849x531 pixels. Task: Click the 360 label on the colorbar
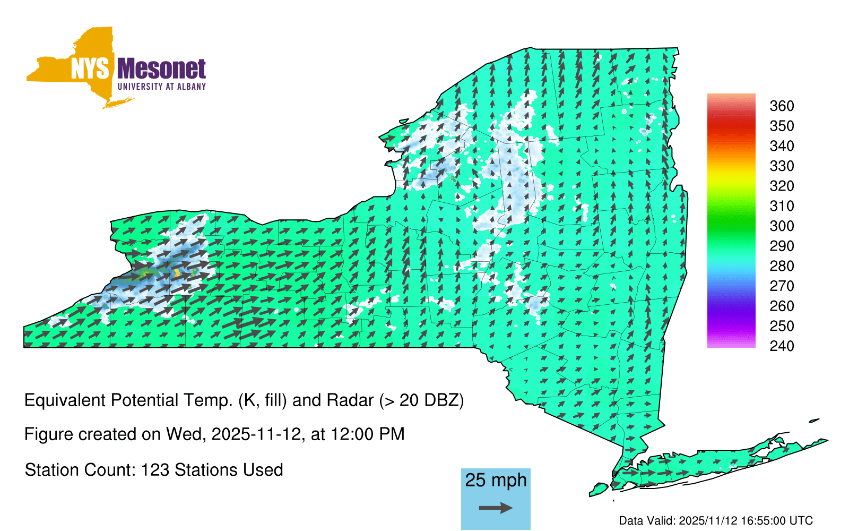(782, 106)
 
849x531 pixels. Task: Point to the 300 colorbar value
(782, 226)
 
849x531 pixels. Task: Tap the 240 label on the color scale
(782, 346)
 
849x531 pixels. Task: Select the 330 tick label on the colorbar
(782, 166)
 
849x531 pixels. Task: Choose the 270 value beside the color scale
(782, 286)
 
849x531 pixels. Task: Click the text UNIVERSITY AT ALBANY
(162, 87)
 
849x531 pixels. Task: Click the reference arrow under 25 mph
(496, 508)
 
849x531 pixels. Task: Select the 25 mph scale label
(496, 481)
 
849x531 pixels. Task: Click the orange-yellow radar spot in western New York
(177, 272)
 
